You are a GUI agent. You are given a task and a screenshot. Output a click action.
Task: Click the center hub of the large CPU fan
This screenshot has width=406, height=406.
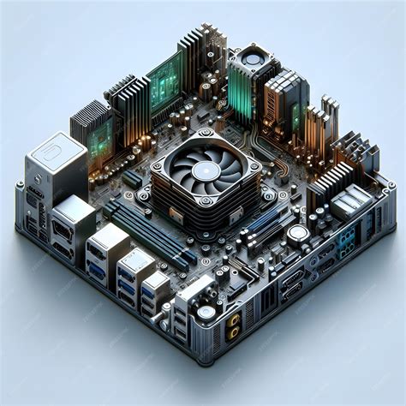tap(205, 170)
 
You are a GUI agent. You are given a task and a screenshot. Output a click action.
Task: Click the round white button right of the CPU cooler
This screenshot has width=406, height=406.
tap(297, 233)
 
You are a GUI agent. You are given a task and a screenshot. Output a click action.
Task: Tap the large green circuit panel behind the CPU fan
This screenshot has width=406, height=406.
tap(164, 81)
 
